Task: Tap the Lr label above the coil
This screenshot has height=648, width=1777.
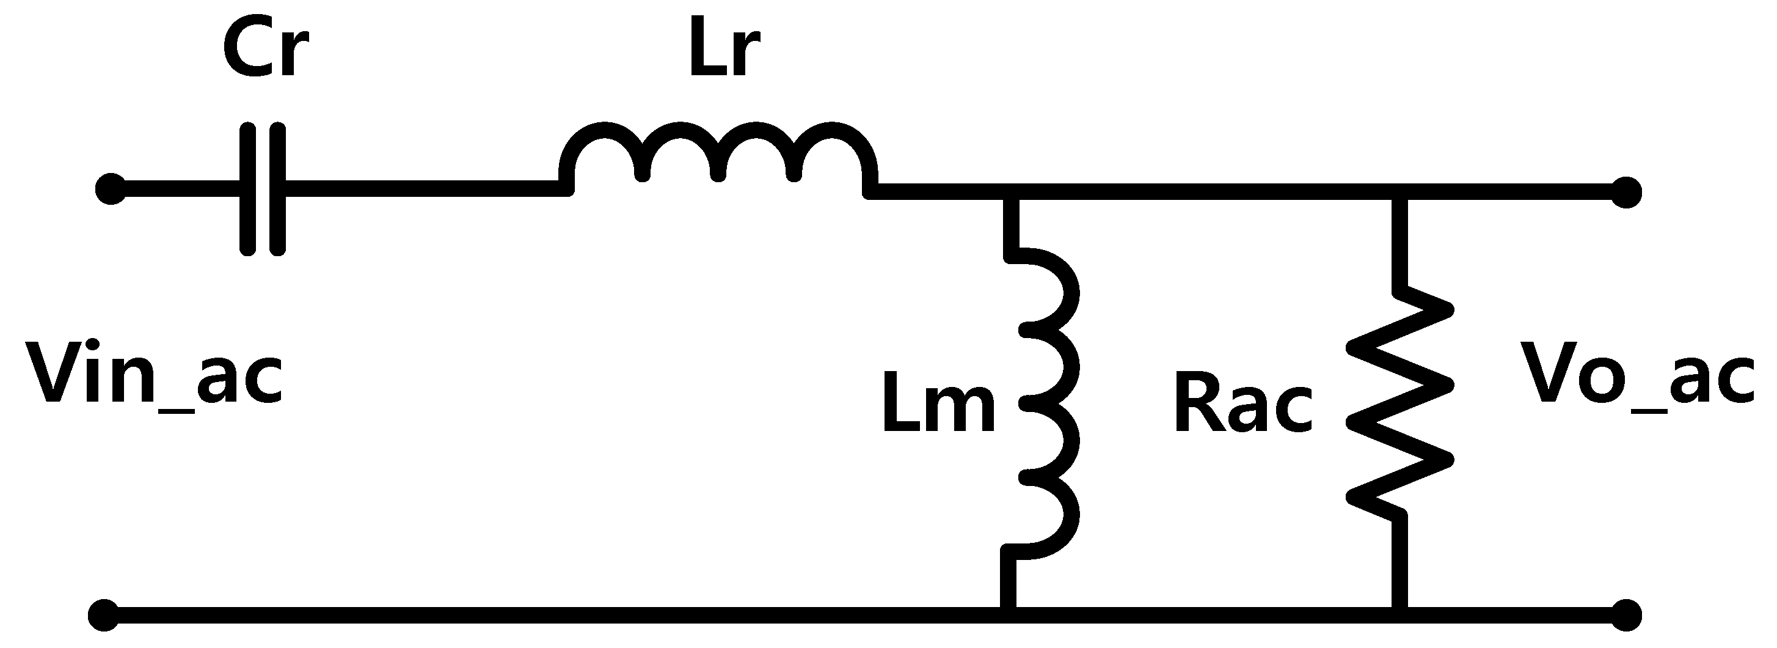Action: [x=724, y=53]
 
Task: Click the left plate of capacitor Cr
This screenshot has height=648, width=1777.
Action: [x=247, y=190]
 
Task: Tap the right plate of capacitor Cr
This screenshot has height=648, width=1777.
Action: [x=277, y=190]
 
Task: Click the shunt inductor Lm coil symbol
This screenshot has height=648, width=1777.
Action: [x=1045, y=403]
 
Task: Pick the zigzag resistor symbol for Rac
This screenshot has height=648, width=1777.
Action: [x=1400, y=403]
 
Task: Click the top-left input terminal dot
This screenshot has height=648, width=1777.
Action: [x=110, y=190]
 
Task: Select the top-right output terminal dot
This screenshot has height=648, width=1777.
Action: [x=1626, y=191]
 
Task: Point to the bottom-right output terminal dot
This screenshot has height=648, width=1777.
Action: [x=1626, y=615]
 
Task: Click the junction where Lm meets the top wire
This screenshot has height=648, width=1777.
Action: [x=1009, y=192]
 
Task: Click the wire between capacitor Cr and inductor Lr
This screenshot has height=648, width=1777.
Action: [x=421, y=188]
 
